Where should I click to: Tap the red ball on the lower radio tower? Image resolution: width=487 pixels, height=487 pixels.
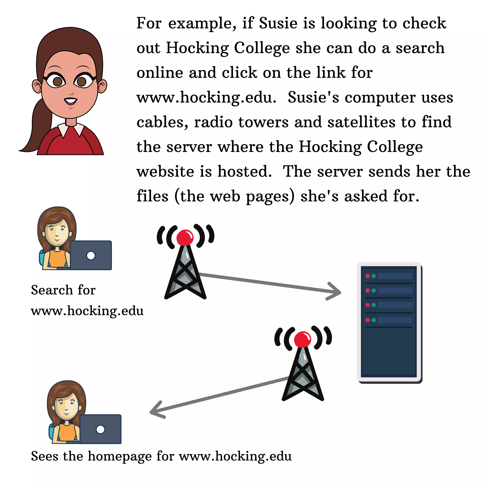pyautogui.click(x=302, y=339)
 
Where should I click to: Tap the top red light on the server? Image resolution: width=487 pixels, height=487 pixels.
pyautogui.click(x=368, y=276)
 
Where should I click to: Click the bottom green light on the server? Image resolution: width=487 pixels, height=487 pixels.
pyautogui.click(x=374, y=320)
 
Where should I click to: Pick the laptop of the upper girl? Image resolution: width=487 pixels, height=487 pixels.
pyautogui.click(x=91, y=255)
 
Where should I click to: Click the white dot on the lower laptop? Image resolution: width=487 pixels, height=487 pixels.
pyautogui.click(x=100, y=429)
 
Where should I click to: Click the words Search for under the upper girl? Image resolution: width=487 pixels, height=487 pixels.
pyautogui.click(x=63, y=290)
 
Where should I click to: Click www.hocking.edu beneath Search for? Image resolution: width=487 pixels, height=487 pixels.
pyautogui.click(x=87, y=311)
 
